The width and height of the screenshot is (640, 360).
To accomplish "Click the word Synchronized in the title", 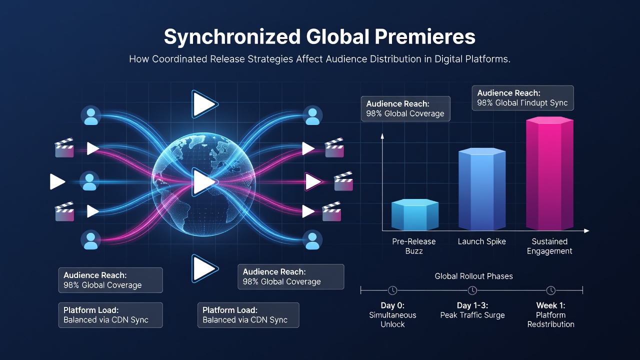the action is (x=232, y=37).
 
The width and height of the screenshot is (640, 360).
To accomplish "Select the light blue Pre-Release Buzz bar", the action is (x=415, y=214).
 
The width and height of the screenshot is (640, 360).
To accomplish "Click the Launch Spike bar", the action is (x=482, y=189).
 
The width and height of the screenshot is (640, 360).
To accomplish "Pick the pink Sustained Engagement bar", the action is (x=549, y=173).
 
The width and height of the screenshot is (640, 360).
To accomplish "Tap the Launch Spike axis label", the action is (x=481, y=241).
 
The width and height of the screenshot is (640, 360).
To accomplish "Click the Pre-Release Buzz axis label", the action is (x=413, y=246).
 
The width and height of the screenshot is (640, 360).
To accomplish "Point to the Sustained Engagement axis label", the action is (x=549, y=246).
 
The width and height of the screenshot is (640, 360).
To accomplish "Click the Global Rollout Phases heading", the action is (x=473, y=276).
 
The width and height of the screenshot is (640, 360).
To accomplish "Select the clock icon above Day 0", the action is (x=392, y=290).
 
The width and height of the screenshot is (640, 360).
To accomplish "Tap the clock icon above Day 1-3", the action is (x=472, y=290).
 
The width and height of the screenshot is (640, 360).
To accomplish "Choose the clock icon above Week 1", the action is (x=551, y=290).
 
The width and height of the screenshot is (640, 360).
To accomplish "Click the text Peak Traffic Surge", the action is (x=472, y=315).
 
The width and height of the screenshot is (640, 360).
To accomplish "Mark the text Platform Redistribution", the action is (x=550, y=319).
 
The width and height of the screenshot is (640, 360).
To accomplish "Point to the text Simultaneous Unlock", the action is (x=392, y=319).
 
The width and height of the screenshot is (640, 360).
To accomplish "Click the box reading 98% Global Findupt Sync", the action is (x=523, y=98).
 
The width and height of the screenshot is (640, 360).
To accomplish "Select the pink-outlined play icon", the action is (x=313, y=181).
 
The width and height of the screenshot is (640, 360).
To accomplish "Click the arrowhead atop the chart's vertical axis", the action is (x=382, y=135).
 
